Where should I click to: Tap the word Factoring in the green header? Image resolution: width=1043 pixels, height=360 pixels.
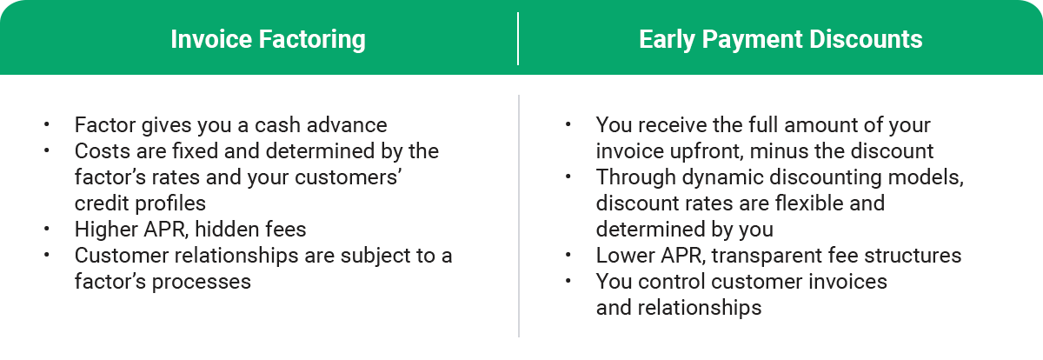pos(308,39)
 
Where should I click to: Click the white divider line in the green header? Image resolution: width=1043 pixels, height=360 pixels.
pos(518,39)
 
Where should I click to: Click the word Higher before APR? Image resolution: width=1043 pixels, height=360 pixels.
pos(103,230)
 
